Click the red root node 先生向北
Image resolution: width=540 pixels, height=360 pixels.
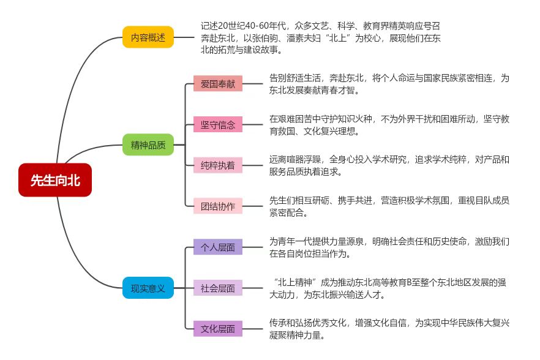coord(55,180)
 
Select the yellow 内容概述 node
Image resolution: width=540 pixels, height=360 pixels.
coord(148,37)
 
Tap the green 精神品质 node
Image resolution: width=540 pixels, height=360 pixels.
coord(148,144)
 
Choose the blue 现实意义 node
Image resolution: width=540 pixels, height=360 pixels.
coord(148,288)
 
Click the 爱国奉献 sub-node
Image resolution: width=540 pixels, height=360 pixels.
coord(218,84)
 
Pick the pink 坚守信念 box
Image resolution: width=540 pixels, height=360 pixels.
coord(218,124)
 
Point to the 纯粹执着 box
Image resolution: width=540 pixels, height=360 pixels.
coord(218,165)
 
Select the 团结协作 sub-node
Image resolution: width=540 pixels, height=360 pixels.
coord(218,206)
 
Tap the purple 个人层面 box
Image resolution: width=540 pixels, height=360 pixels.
coord(218,247)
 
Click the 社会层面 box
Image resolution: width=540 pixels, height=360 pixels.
coord(218,288)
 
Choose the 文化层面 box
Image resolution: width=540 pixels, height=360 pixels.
coord(218,329)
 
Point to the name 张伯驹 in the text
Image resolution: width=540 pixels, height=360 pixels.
coord(265,38)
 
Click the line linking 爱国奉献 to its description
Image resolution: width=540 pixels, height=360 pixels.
coord(252,84)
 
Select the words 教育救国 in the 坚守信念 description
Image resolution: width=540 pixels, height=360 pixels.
coord(286,131)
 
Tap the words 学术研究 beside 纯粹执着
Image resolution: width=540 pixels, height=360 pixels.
coord(389,160)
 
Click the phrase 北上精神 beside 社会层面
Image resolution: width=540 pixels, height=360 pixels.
coord(295,282)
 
